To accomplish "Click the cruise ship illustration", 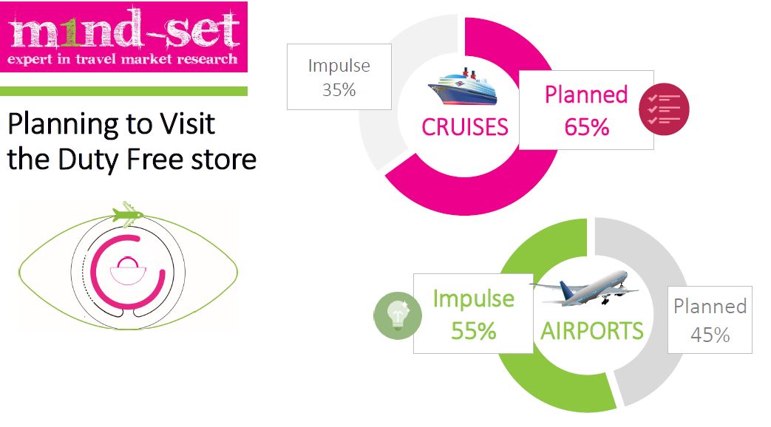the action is (462, 87).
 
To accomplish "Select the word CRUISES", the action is (465, 127).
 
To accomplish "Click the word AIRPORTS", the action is (592, 331).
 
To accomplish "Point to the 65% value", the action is (587, 127).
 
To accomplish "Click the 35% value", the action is (339, 90).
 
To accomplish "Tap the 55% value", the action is (474, 331).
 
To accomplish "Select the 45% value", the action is (710, 335).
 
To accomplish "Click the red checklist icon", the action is (664, 109).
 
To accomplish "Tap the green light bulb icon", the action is (398, 316).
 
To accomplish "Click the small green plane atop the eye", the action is (128, 215).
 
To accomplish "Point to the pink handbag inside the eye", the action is (128, 270).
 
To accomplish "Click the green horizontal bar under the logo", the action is (123, 91).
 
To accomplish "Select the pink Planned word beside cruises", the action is (586, 95).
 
